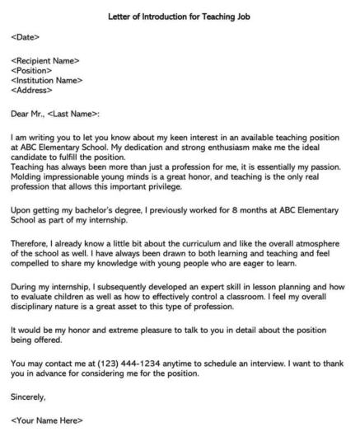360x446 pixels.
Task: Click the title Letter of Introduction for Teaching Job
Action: (x=180, y=16)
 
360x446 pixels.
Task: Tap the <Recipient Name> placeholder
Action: (x=45, y=61)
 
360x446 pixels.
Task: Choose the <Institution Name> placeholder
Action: (x=47, y=81)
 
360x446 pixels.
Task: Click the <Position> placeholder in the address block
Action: (x=31, y=71)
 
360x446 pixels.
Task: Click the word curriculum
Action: (x=220, y=246)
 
